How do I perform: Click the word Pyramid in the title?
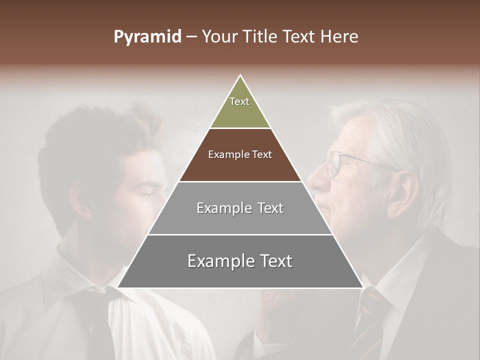coord(147,37)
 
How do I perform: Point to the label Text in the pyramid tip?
coord(239,101)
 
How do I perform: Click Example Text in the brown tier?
coord(240,154)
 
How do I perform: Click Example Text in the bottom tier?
coord(240,261)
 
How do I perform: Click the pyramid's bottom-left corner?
coord(118,287)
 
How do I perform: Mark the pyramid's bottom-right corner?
coord(362,287)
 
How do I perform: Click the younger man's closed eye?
coord(150,194)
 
